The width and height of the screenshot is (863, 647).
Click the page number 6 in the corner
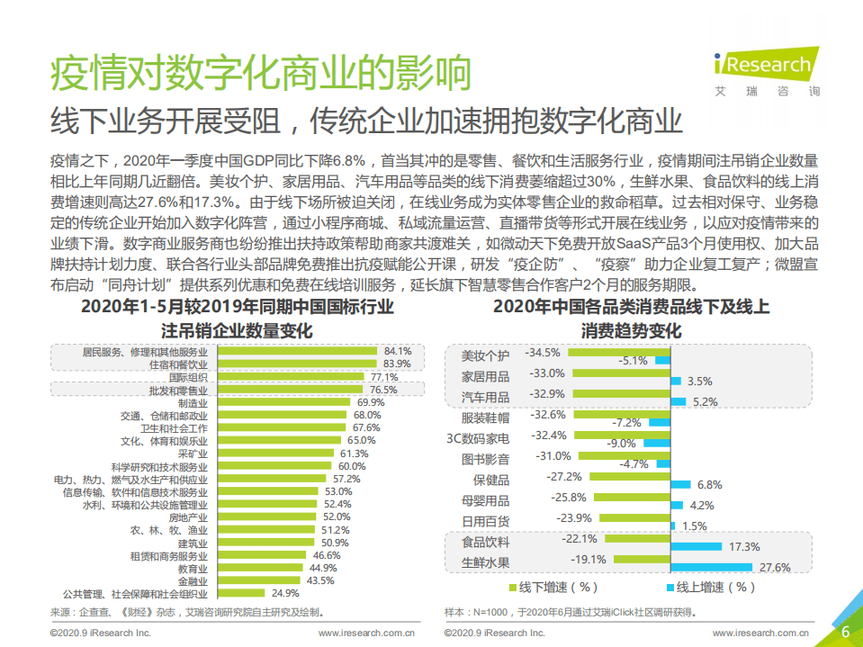[844, 631]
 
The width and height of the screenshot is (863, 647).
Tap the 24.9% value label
[285, 593]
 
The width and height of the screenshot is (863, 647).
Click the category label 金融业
[193, 581]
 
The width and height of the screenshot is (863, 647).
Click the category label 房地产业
[189, 517]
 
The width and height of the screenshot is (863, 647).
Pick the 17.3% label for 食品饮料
[745, 546]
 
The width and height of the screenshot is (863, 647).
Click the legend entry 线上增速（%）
[711, 588]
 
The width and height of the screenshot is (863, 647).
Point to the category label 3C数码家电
[478, 438]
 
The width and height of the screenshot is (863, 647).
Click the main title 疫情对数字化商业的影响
[261, 74]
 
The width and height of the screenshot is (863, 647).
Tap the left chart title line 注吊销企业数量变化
[237, 330]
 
